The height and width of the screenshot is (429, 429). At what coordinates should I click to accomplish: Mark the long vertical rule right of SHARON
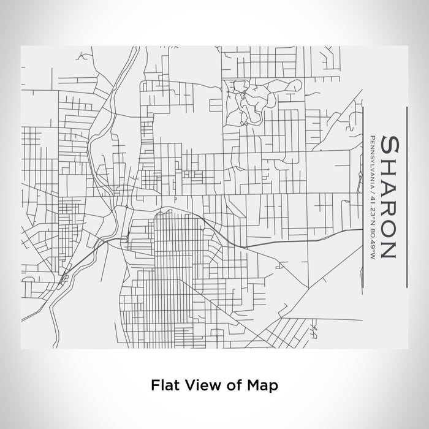tap(407, 197)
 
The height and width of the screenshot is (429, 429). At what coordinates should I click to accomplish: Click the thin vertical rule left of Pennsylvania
tap(364, 197)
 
